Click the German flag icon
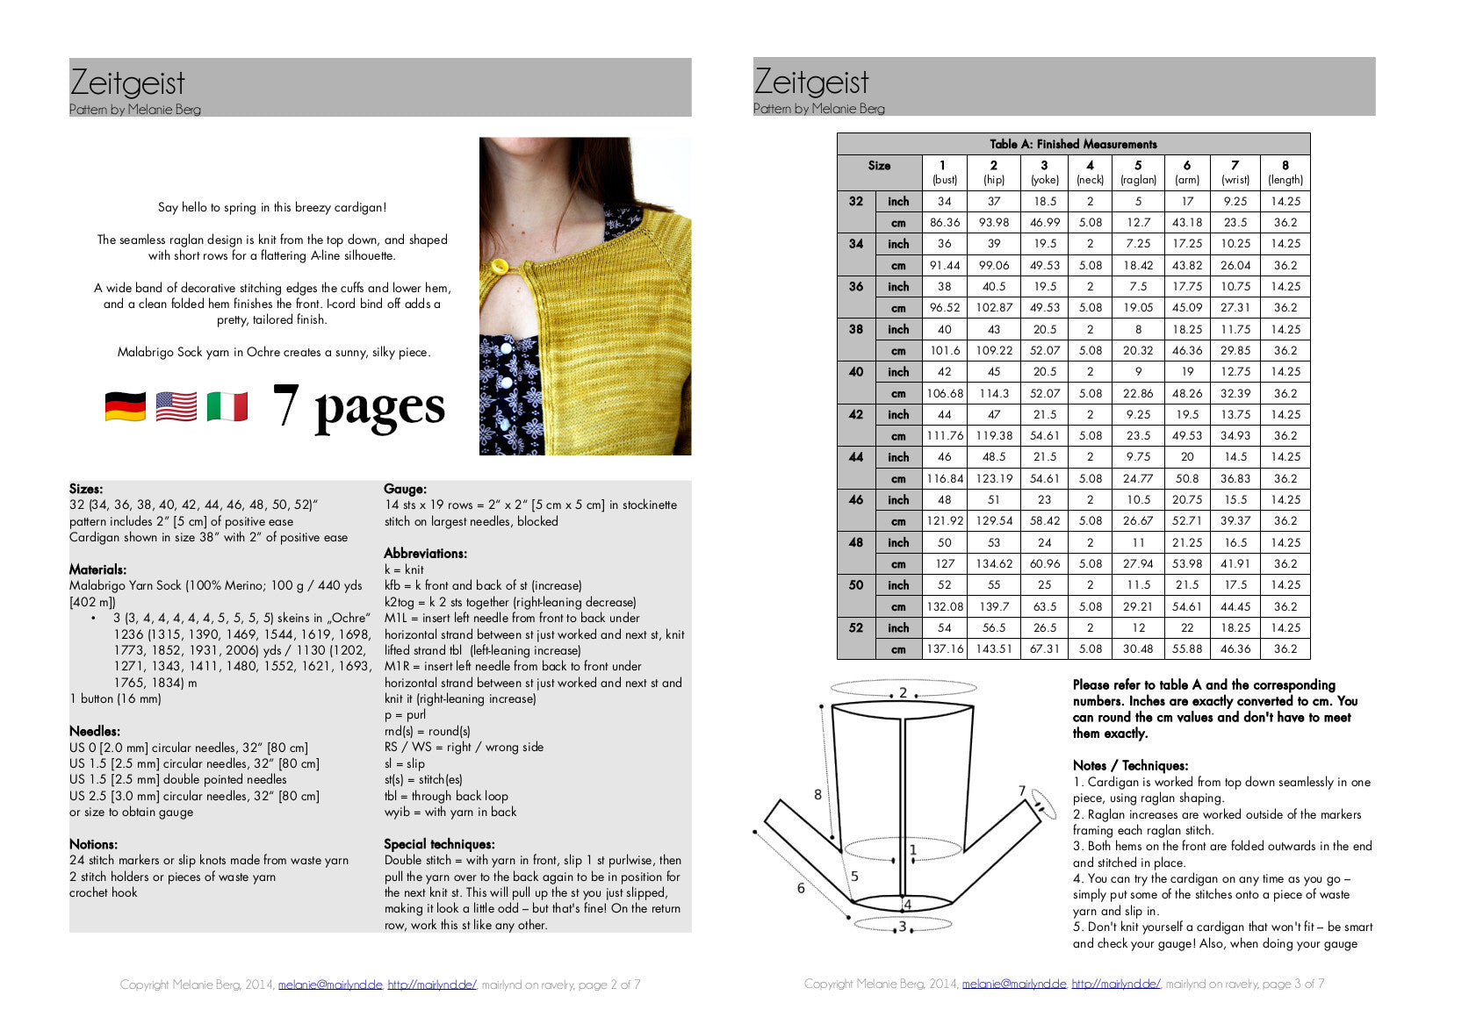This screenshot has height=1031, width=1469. coord(126,407)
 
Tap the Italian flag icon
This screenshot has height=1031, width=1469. coord(227,407)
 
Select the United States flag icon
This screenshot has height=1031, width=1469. coord(176,407)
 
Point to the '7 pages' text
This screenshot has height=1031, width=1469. coord(358,406)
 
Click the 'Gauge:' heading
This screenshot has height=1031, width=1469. coord(405,489)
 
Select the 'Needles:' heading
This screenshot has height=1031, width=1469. coord(95,731)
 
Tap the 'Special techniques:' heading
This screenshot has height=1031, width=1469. coord(439,844)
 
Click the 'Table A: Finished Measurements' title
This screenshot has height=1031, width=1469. coord(1073,144)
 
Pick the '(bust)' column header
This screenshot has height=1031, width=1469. coord(944,180)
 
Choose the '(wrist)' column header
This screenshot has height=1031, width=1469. coord(1235,180)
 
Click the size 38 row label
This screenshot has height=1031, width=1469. coord(856,329)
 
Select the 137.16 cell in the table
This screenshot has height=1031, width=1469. coord(945,649)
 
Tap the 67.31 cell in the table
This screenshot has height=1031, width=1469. coord(1044,649)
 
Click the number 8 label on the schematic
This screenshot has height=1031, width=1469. coord(817,795)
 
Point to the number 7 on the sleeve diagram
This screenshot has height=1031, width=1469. coord(1022,791)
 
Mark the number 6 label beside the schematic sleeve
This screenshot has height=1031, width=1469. coord(801,888)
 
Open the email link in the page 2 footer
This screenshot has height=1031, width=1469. coord(330,984)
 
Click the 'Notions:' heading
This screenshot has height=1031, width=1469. coord(93,844)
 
